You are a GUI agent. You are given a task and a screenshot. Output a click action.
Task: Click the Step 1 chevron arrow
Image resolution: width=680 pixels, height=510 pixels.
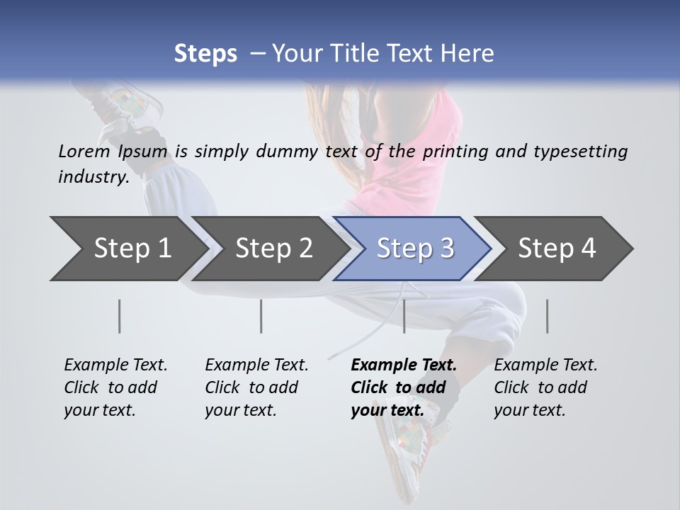point(127,248)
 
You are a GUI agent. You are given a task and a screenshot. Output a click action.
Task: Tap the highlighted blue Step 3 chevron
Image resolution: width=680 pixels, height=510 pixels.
point(414,248)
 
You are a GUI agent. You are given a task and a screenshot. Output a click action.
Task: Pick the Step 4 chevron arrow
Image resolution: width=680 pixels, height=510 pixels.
point(556,248)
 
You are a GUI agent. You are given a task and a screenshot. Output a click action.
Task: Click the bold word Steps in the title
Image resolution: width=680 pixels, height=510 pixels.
point(205,53)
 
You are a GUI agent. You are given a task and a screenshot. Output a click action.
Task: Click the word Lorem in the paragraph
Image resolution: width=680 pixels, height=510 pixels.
point(84,151)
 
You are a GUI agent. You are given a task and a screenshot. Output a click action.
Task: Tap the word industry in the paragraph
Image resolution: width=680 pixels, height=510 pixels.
point(93,177)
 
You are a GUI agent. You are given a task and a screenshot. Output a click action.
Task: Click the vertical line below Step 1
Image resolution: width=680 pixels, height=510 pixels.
point(120,316)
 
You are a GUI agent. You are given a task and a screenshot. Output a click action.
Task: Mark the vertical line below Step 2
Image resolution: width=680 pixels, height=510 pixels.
point(261,316)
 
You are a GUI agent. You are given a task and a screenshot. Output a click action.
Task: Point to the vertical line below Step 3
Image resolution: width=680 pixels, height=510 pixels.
point(404,316)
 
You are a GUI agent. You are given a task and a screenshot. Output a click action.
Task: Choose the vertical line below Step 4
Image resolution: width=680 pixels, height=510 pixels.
point(547,316)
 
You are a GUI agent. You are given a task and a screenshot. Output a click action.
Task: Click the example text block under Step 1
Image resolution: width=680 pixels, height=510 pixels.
point(115,387)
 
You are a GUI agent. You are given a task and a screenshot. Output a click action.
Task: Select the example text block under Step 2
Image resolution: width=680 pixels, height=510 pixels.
point(256,387)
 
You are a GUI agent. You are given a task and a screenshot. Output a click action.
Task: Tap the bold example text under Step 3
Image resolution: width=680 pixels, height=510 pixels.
point(403,387)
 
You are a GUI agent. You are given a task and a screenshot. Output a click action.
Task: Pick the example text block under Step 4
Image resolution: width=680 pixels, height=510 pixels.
point(545,387)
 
